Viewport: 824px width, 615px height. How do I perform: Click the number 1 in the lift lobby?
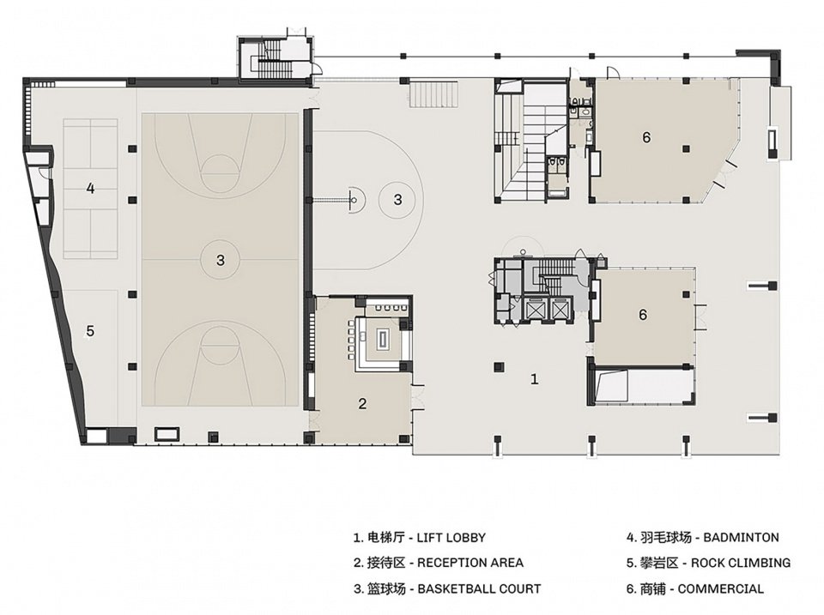click(535, 378)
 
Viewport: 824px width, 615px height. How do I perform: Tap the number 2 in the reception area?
click(362, 403)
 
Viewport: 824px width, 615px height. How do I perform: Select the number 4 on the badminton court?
click(90, 188)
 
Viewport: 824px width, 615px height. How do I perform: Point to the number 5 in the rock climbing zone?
click(90, 331)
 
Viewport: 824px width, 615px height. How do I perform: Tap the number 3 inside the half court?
click(397, 200)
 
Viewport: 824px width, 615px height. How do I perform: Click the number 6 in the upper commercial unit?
click(646, 137)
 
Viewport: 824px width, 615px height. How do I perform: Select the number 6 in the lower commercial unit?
click(643, 315)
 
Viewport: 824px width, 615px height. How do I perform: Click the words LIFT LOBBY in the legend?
click(451, 538)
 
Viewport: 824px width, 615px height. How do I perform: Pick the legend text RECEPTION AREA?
click(470, 563)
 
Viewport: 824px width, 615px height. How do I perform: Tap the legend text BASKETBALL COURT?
click(479, 588)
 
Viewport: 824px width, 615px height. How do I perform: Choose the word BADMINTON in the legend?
click(741, 537)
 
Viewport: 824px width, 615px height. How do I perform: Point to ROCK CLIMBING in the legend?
click(741, 563)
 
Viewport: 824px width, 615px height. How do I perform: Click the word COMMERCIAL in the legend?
click(720, 588)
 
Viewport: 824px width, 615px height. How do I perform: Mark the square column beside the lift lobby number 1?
click(498, 366)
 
